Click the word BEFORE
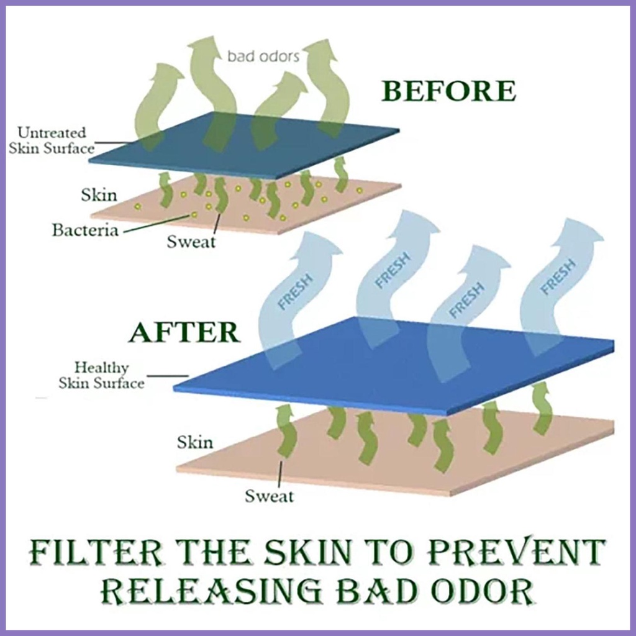[448, 91]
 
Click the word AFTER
[184, 332]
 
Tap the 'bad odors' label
[263, 56]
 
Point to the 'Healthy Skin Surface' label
[101, 375]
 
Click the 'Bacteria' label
[85, 230]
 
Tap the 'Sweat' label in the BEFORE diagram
[191, 242]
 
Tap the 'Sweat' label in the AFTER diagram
[269, 496]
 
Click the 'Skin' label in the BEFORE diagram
[99, 195]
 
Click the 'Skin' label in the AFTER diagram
[194, 442]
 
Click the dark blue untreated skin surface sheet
[244, 145]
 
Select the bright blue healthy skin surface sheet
[393, 365]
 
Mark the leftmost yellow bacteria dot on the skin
[138, 206]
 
